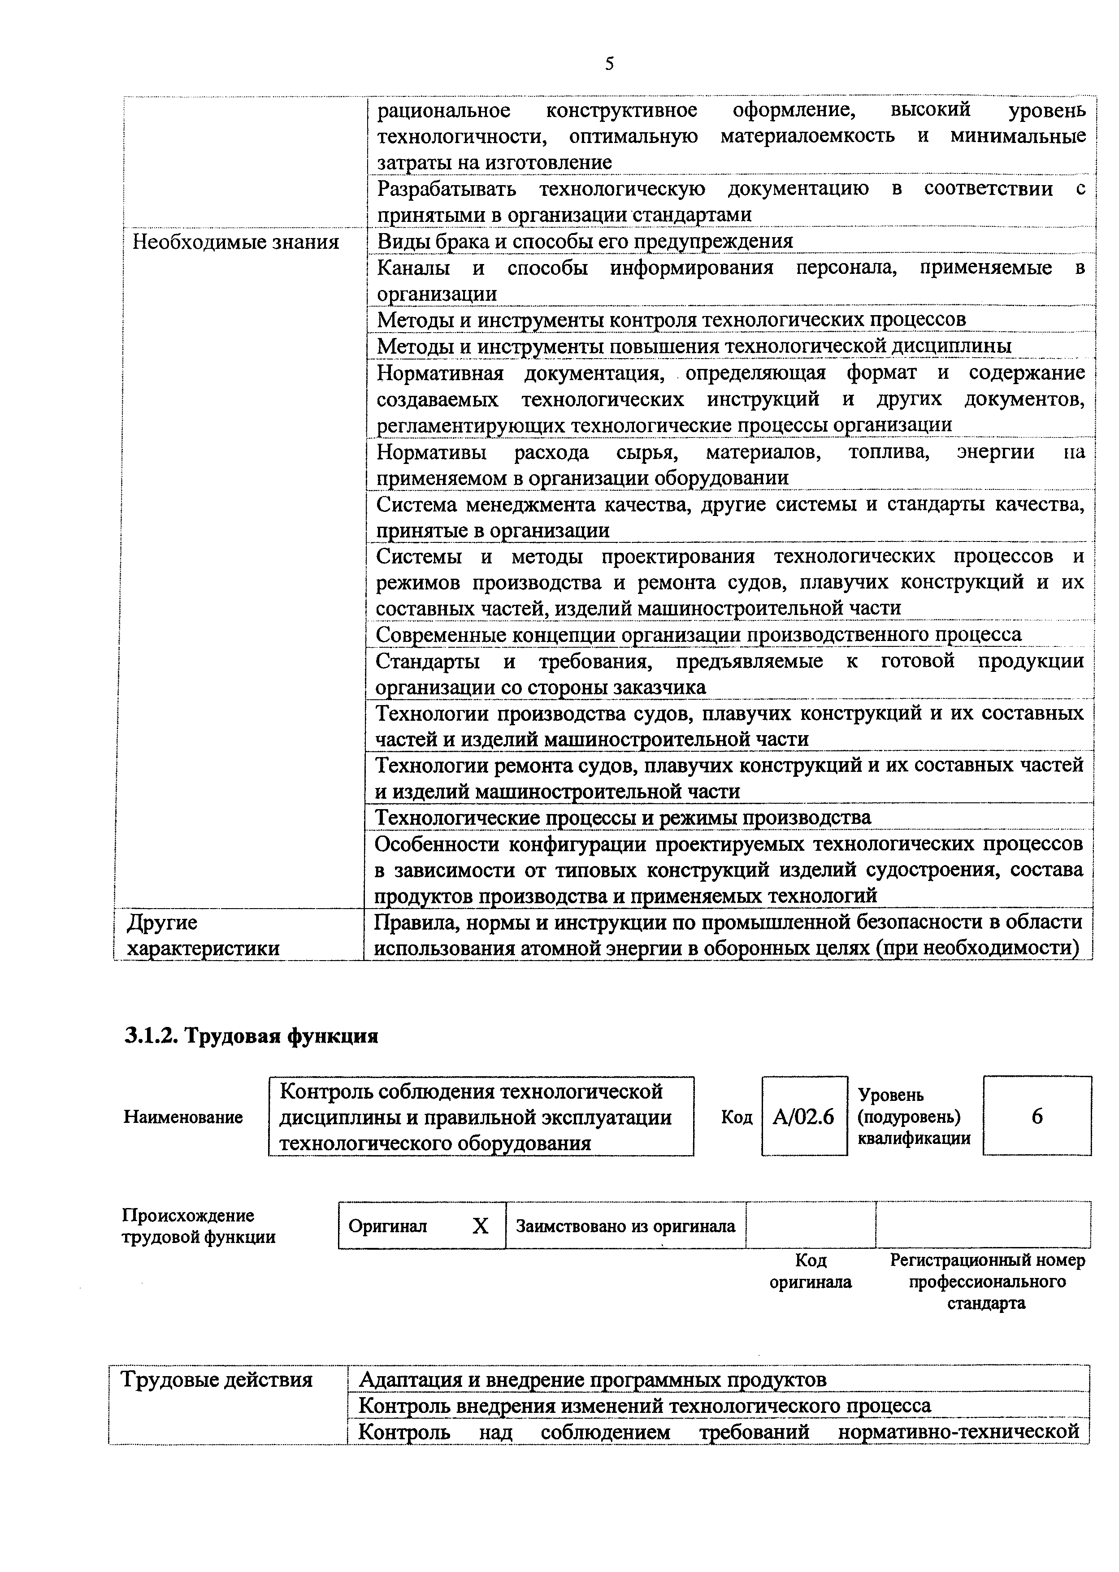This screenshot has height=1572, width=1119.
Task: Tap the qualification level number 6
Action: tap(1037, 1117)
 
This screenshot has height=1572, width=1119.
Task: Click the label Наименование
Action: tap(183, 1117)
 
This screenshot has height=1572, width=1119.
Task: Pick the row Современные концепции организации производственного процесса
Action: tap(698, 634)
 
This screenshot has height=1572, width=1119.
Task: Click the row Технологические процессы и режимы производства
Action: tap(623, 818)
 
